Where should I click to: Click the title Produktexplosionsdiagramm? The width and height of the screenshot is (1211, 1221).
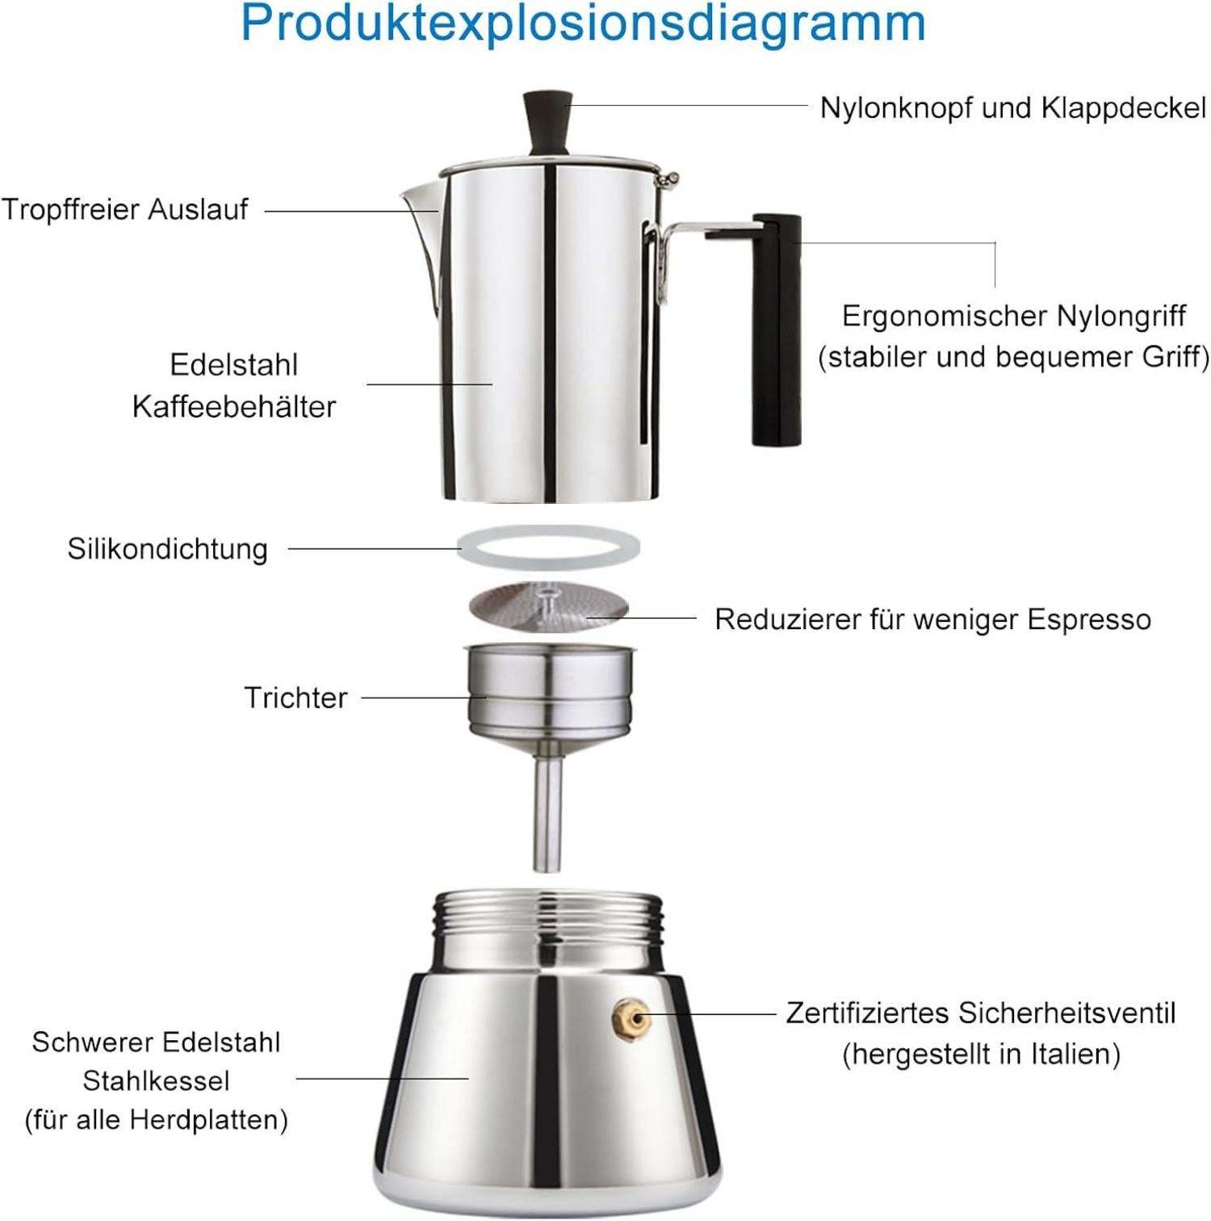(x=583, y=24)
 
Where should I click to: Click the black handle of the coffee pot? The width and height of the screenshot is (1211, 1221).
(x=777, y=331)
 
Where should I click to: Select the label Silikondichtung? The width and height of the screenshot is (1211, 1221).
(x=167, y=549)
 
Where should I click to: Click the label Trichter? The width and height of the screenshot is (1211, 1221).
(x=295, y=698)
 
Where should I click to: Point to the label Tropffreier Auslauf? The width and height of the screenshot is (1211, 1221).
(x=124, y=210)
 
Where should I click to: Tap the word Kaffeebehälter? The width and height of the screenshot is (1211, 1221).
(x=233, y=407)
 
